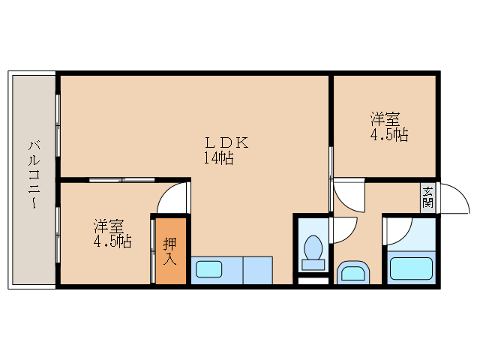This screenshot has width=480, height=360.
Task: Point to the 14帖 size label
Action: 217,158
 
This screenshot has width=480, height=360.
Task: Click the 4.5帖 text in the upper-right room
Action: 388,136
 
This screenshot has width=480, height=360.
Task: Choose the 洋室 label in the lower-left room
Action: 109,226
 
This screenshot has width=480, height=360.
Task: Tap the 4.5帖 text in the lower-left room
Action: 112,242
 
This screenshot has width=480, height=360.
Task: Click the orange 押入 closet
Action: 170,250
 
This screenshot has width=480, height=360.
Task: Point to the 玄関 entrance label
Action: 427,196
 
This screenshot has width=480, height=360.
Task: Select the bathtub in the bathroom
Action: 410,269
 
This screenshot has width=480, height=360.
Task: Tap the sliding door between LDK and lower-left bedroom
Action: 121,180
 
